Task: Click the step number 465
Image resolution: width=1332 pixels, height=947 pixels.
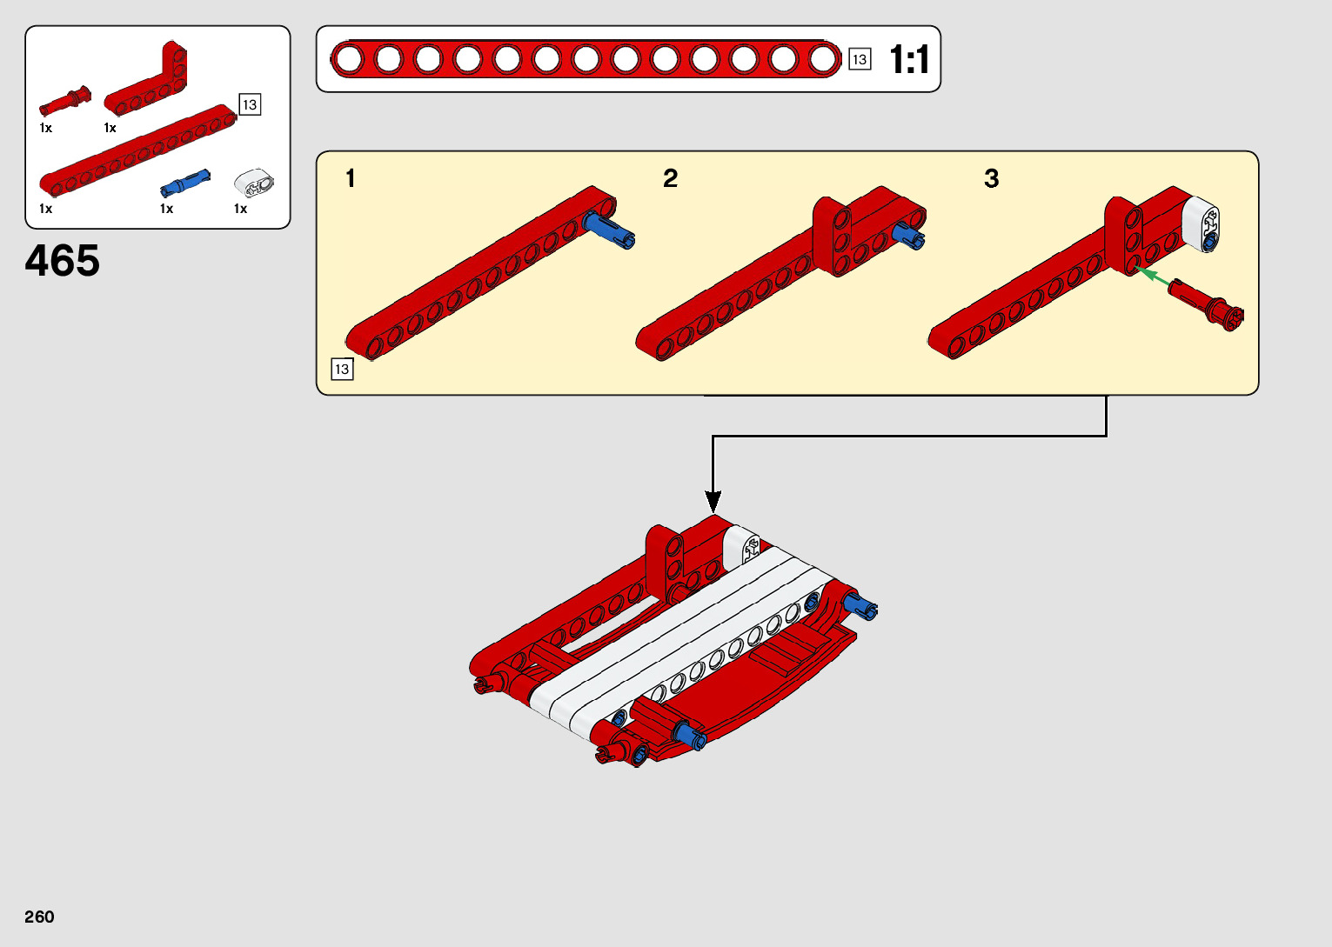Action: [63, 260]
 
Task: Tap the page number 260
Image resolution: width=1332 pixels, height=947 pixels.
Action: [39, 917]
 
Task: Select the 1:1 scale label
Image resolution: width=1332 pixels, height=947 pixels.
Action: [909, 60]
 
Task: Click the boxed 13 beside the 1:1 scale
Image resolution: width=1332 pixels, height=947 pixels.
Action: [860, 59]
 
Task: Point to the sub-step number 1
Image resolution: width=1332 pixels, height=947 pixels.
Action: [351, 178]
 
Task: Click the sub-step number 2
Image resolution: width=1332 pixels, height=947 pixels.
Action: [670, 178]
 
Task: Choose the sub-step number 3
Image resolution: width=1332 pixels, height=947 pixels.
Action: [991, 178]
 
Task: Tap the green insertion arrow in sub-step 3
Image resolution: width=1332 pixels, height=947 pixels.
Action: [1153, 276]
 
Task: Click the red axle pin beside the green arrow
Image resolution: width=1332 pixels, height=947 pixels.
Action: [1206, 305]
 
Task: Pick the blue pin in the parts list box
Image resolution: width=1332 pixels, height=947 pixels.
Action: [185, 183]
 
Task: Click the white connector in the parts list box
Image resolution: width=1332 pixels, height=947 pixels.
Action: [254, 183]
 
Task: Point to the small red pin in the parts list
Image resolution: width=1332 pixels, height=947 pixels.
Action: [64, 101]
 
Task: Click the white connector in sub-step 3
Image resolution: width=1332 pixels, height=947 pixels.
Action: [1200, 224]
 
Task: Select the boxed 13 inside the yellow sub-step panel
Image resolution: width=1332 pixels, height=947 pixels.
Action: [342, 370]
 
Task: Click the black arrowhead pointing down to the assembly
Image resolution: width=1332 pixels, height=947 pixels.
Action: [713, 501]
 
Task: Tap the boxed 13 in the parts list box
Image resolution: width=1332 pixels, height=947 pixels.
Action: [250, 104]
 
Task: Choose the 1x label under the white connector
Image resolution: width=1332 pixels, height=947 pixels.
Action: [240, 209]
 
